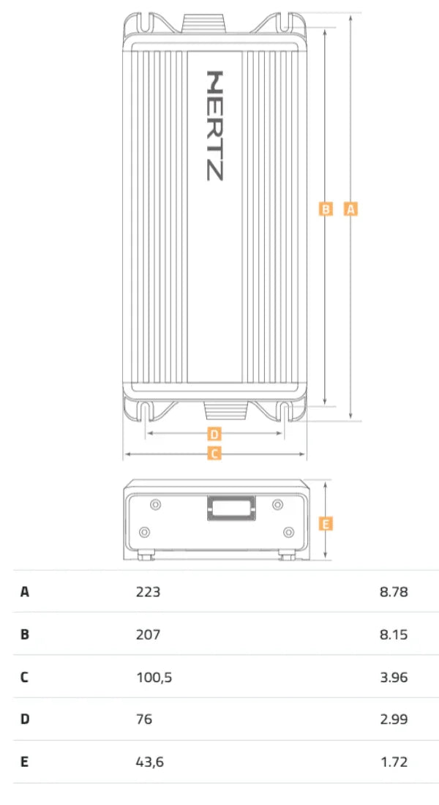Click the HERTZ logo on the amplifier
pyautogui.click(x=215, y=125)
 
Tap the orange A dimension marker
pyautogui.click(x=350, y=209)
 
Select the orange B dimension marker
pyautogui.click(x=326, y=209)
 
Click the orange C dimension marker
pyautogui.click(x=214, y=454)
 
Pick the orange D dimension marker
pyautogui.click(x=214, y=433)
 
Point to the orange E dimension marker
pyautogui.click(x=327, y=523)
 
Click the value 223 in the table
pyautogui.click(x=148, y=591)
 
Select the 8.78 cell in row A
pyautogui.click(x=394, y=591)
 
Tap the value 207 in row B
pyautogui.click(x=148, y=634)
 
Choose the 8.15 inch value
pyautogui.click(x=394, y=634)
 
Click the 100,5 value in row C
pyautogui.click(x=154, y=677)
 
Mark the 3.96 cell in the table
pyautogui.click(x=394, y=677)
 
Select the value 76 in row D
pyautogui.click(x=144, y=719)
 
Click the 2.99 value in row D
pyautogui.click(x=394, y=719)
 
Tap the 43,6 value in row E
pyautogui.click(x=150, y=762)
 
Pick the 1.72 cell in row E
pyautogui.click(x=394, y=762)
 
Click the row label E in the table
pyautogui.click(x=24, y=762)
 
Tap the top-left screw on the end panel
pyautogui.click(x=155, y=505)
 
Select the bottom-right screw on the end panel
pyautogui.click(x=288, y=531)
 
